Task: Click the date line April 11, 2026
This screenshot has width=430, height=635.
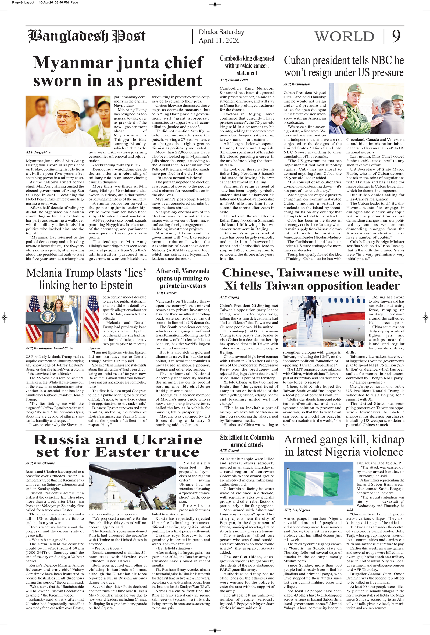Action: (219, 40)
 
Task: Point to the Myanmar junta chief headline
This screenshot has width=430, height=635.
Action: (118, 71)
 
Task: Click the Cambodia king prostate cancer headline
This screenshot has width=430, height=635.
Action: (247, 66)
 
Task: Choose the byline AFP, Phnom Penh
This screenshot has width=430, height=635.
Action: (234, 80)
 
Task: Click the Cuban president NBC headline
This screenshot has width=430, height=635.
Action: (343, 66)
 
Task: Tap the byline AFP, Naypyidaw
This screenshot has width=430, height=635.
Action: (38, 152)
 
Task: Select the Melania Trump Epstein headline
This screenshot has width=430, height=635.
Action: (86, 279)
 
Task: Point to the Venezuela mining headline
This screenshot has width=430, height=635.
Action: (182, 278)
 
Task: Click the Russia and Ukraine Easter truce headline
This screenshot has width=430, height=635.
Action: (118, 446)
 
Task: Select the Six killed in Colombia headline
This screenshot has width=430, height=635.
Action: (247, 441)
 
